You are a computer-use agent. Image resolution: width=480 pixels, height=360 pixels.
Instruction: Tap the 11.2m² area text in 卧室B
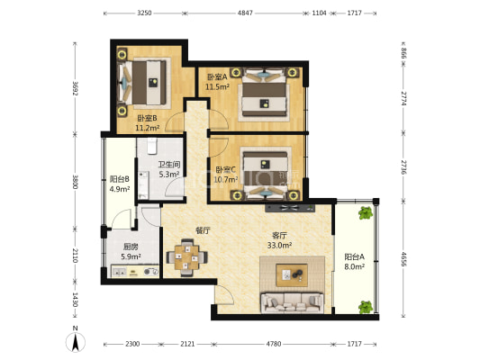[148, 128]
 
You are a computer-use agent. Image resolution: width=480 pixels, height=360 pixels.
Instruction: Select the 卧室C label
[226, 169]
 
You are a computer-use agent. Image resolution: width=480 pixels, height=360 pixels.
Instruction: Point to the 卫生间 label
[169, 165]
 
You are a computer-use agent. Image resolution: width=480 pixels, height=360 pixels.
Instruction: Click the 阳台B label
[120, 179]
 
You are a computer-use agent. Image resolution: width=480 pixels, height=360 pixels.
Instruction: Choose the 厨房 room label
[131, 247]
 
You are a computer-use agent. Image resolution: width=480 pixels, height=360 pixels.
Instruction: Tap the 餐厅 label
[203, 230]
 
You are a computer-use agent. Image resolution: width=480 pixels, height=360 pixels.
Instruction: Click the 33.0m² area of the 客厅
[279, 245]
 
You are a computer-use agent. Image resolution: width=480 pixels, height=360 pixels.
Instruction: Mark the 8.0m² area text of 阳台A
[354, 266]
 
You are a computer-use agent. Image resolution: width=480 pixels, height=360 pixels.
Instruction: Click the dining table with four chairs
[186, 257]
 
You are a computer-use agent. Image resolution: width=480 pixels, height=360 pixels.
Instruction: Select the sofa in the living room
[292, 302]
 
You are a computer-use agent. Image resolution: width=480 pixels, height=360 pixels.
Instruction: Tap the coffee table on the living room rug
[292, 275]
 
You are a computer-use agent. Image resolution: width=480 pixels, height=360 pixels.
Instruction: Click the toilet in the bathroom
[152, 146]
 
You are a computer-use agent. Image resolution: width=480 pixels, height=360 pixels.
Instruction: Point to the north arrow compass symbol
[76, 342]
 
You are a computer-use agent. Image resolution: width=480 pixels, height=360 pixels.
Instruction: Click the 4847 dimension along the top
[245, 13]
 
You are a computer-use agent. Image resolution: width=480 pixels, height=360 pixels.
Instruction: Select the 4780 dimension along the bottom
[274, 344]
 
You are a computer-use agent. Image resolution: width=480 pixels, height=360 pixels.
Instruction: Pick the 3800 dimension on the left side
[75, 182]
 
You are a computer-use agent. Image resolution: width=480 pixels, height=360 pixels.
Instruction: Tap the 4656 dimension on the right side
[403, 259]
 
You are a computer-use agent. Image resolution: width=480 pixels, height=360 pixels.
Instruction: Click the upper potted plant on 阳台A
[366, 213]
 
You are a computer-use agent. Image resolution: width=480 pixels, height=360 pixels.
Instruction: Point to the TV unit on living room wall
[290, 208]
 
